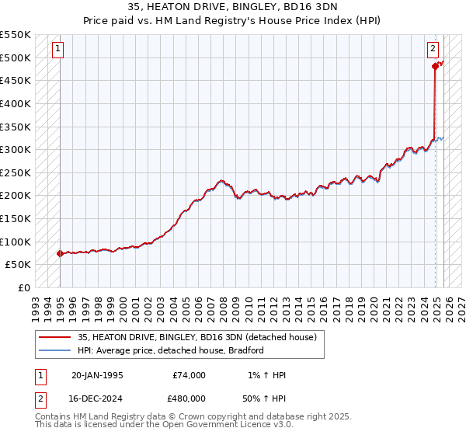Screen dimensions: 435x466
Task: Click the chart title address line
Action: point(233,7)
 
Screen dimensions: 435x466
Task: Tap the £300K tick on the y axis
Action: point(15,149)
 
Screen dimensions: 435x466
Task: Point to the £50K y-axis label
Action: point(18,265)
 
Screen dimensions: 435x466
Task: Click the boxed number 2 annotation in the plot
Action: point(433,49)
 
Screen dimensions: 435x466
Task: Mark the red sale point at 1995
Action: point(60,253)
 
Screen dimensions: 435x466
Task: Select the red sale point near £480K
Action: point(435,66)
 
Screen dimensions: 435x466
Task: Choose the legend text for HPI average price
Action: point(171,350)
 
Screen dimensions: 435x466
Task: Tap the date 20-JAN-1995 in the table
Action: point(96,375)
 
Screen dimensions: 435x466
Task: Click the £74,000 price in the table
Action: point(189,375)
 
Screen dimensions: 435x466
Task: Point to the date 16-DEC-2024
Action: point(97,398)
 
